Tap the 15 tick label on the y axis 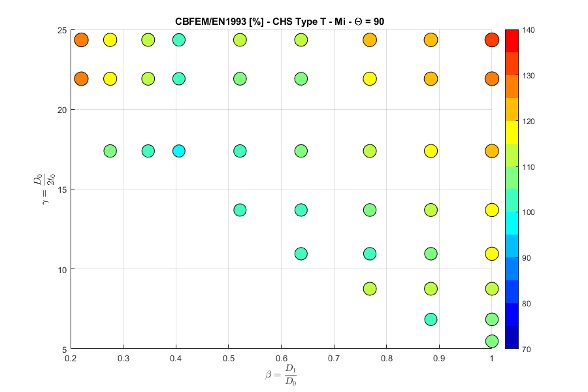(60, 189)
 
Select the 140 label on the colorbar (529, 30)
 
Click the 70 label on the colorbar (527, 349)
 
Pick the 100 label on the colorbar (529, 212)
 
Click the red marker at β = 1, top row (492, 40)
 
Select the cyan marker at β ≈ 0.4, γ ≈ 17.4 (179, 151)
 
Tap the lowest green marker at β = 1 (492, 341)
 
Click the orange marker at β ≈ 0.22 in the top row (81, 40)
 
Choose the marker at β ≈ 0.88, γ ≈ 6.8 (431, 319)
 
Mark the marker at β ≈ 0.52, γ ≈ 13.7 (240, 210)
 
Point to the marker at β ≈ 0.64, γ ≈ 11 (301, 253)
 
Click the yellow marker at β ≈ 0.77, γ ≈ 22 (370, 79)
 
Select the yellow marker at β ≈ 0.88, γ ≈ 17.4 (431, 151)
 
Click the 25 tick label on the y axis (60, 30)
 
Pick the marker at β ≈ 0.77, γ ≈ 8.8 (370, 288)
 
